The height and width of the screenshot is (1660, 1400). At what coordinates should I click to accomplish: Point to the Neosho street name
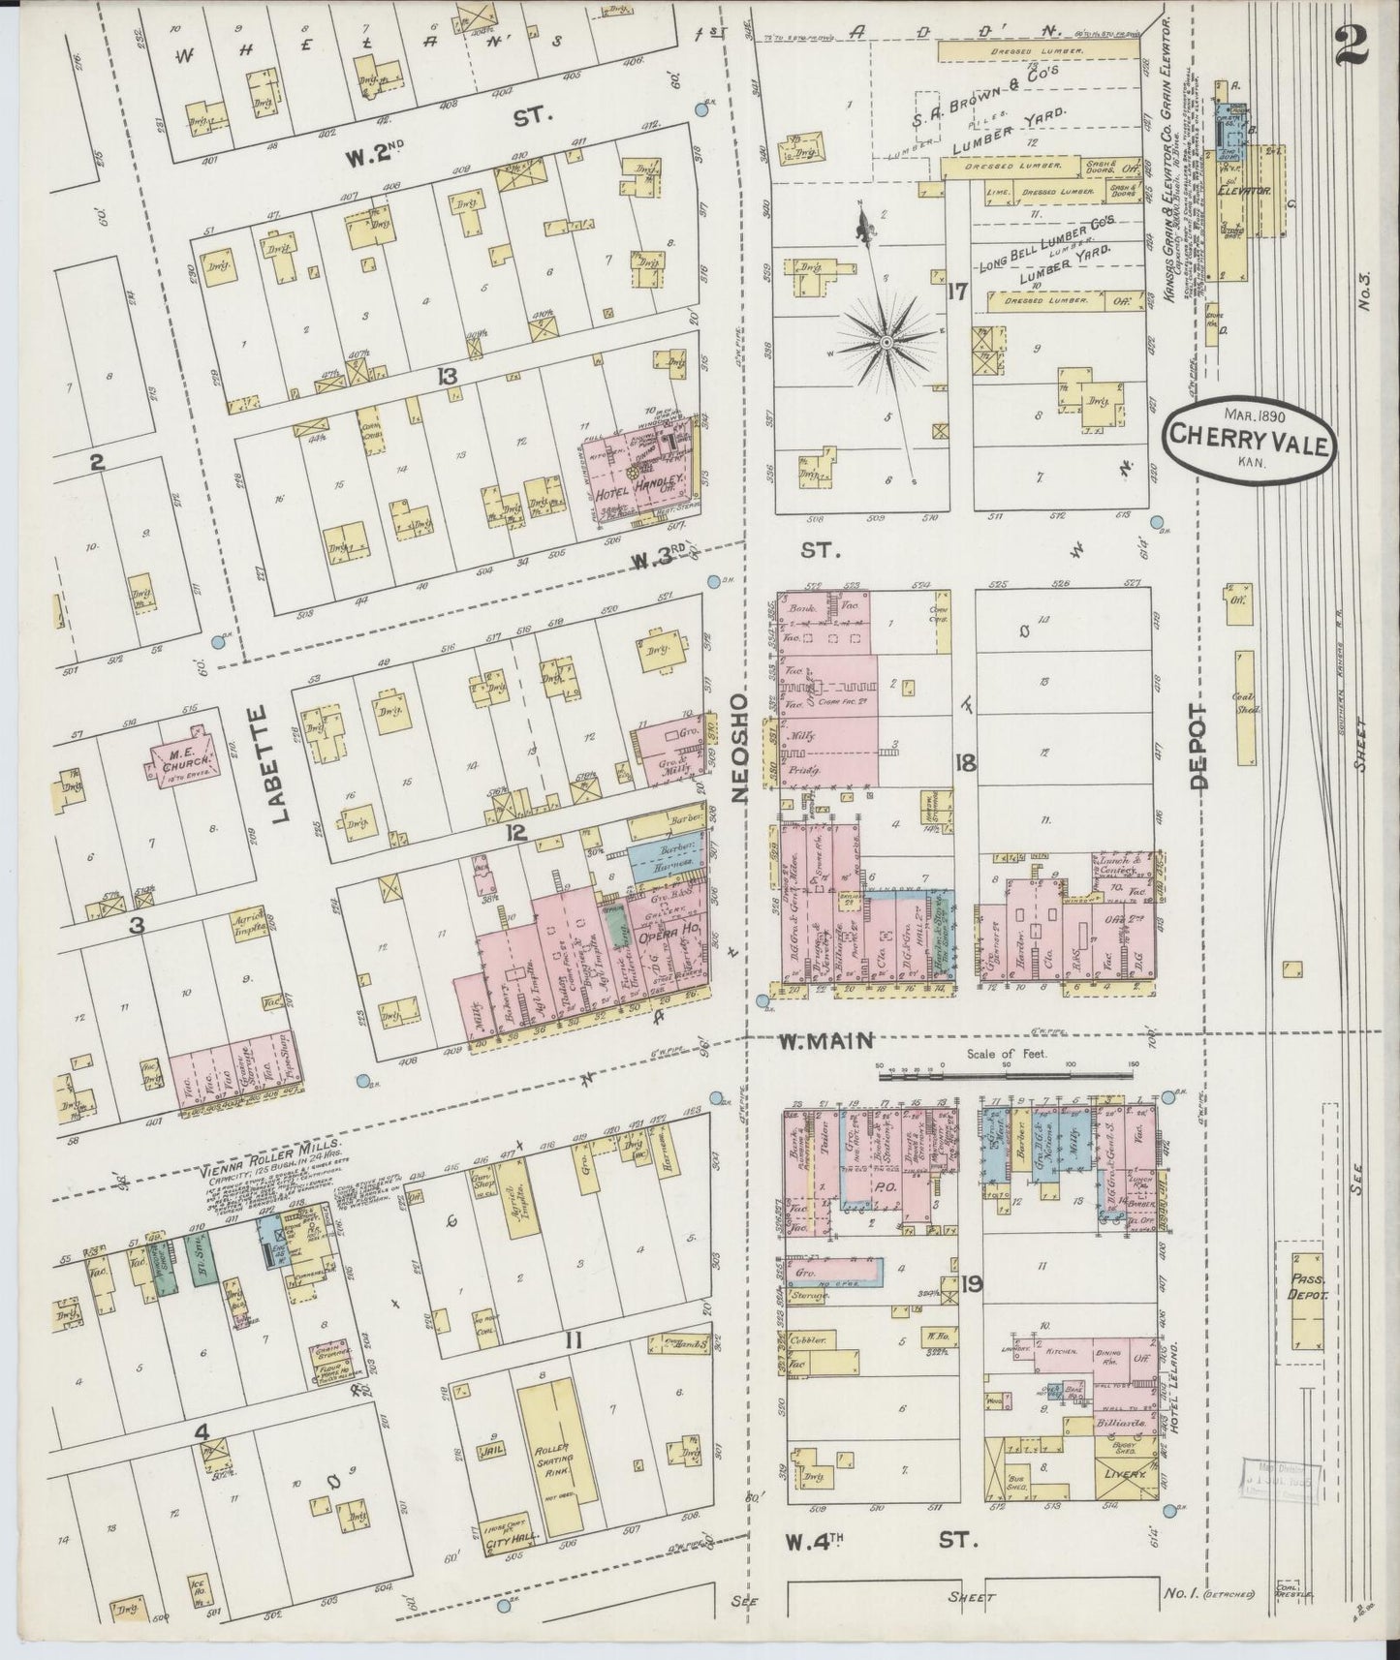coord(742,747)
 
